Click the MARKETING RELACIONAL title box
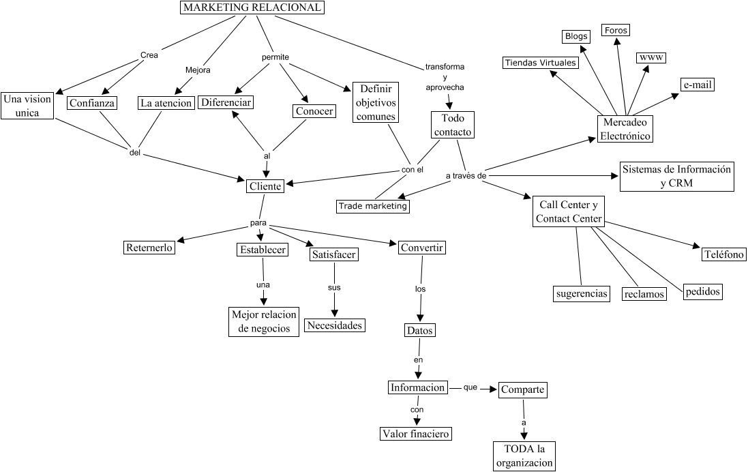click(x=252, y=8)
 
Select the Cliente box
click(x=264, y=187)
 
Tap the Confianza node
click(x=92, y=103)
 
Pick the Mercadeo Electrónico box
click(x=625, y=128)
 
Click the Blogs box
click(x=575, y=36)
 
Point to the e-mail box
click(x=697, y=85)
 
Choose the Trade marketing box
click(x=374, y=206)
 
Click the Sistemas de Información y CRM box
click(x=676, y=176)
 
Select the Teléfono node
click(x=724, y=254)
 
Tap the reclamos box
click(x=644, y=294)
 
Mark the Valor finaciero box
click(x=416, y=434)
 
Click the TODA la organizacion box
click(x=524, y=456)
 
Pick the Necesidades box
click(x=334, y=325)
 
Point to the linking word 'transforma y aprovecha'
click(x=445, y=78)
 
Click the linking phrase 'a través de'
click(x=466, y=176)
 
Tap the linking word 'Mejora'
click(x=198, y=70)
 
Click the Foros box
click(x=616, y=30)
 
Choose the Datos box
click(x=419, y=330)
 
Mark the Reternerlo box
click(x=149, y=248)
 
